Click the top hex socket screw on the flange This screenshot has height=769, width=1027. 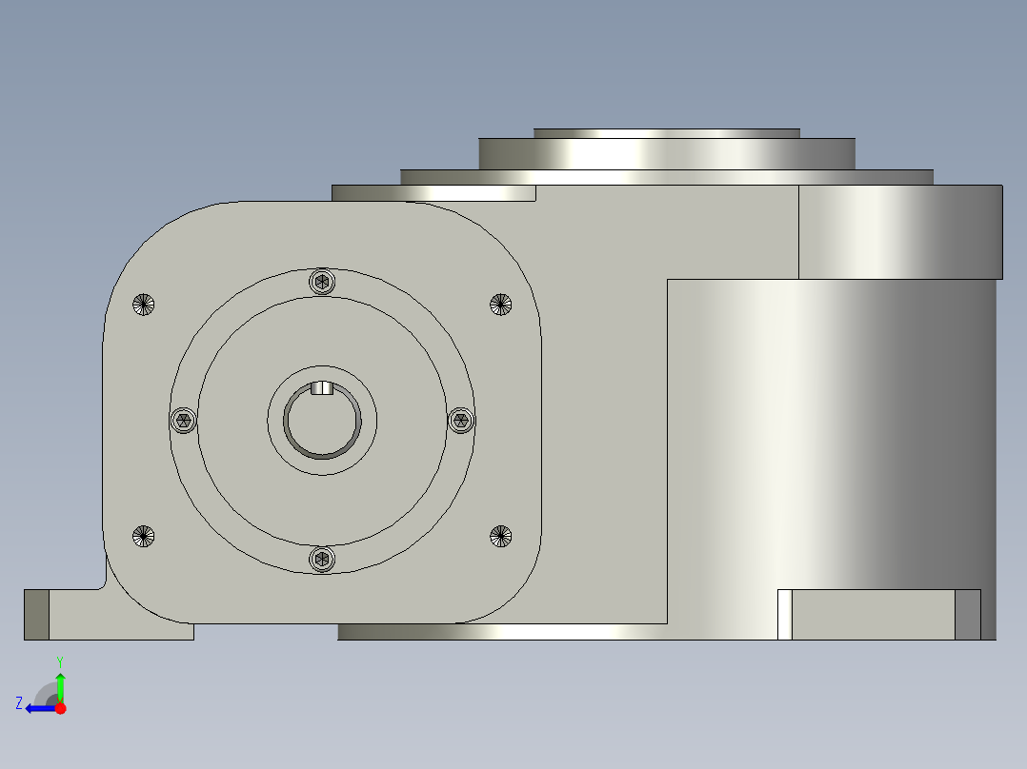(x=323, y=282)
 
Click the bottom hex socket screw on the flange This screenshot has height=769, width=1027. (x=323, y=560)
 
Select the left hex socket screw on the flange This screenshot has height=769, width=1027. (x=183, y=421)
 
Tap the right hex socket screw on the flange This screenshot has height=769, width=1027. (x=461, y=421)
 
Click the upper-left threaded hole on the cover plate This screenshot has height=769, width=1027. (x=143, y=305)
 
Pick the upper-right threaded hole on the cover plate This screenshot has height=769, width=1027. (x=501, y=305)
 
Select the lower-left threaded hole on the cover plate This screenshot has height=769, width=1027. (x=143, y=536)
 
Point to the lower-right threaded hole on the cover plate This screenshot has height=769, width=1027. (x=501, y=536)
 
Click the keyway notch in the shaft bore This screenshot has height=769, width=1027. (x=322, y=387)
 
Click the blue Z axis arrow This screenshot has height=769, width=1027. (x=38, y=708)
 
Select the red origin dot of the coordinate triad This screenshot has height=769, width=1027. (x=60, y=708)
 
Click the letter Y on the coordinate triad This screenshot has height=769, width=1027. (x=60, y=661)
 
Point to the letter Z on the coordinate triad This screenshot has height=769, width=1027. (x=19, y=703)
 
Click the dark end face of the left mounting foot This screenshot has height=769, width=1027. (x=36, y=615)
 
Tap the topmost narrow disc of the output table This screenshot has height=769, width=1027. (x=666, y=133)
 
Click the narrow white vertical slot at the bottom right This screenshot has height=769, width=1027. (x=785, y=615)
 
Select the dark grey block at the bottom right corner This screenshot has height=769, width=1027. (x=967, y=615)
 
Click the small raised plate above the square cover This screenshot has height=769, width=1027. (x=433, y=193)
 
